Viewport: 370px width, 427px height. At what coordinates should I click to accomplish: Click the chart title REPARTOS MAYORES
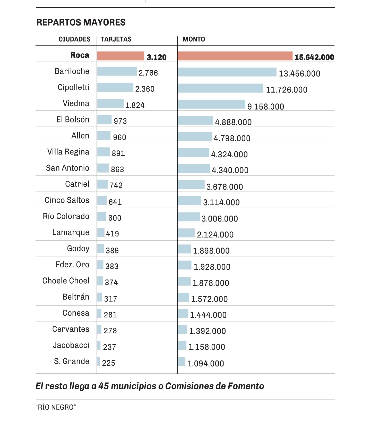pyautogui.click(x=81, y=22)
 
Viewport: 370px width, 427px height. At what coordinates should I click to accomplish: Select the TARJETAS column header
pyautogui.click(x=116, y=39)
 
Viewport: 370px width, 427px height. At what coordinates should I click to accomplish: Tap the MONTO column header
pyautogui.click(x=194, y=39)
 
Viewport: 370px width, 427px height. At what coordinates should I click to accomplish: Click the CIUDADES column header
pyautogui.click(x=74, y=39)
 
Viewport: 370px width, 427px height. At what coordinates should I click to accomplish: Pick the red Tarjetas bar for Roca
pyautogui.click(x=121, y=56)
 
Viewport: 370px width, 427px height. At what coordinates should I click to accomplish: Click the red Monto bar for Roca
pyautogui.click(x=235, y=56)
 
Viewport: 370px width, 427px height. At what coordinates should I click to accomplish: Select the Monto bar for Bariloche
pyautogui.click(x=227, y=72)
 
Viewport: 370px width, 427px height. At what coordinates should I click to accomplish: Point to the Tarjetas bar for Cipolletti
pyautogui.click(x=115, y=87)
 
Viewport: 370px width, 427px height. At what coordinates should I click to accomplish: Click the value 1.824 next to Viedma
pyautogui.click(x=135, y=105)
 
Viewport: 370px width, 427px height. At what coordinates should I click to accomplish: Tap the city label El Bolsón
pyautogui.click(x=73, y=120)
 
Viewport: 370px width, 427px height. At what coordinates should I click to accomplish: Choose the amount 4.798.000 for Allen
pyautogui.click(x=232, y=138)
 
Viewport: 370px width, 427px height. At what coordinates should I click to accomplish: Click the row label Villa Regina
pyautogui.click(x=68, y=152)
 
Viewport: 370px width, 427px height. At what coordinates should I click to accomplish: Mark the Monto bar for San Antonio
pyautogui.click(x=194, y=169)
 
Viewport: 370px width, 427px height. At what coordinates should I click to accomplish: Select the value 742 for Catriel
pyautogui.click(x=116, y=185)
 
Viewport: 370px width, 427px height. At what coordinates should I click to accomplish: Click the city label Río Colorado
pyautogui.click(x=66, y=216)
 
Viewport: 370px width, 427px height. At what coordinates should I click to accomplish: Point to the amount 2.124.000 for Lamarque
pyautogui.click(x=215, y=235)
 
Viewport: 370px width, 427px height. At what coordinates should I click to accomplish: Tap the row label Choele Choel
pyautogui.click(x=66, y=281)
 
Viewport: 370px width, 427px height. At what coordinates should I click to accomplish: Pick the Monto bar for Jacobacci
pyautogui.click(x=182, y=346)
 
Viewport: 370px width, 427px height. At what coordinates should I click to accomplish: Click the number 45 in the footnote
pyautogui.click(x=104, y=386)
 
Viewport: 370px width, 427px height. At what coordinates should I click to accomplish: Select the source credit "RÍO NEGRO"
pyautogui.click(x=56, y=407)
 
